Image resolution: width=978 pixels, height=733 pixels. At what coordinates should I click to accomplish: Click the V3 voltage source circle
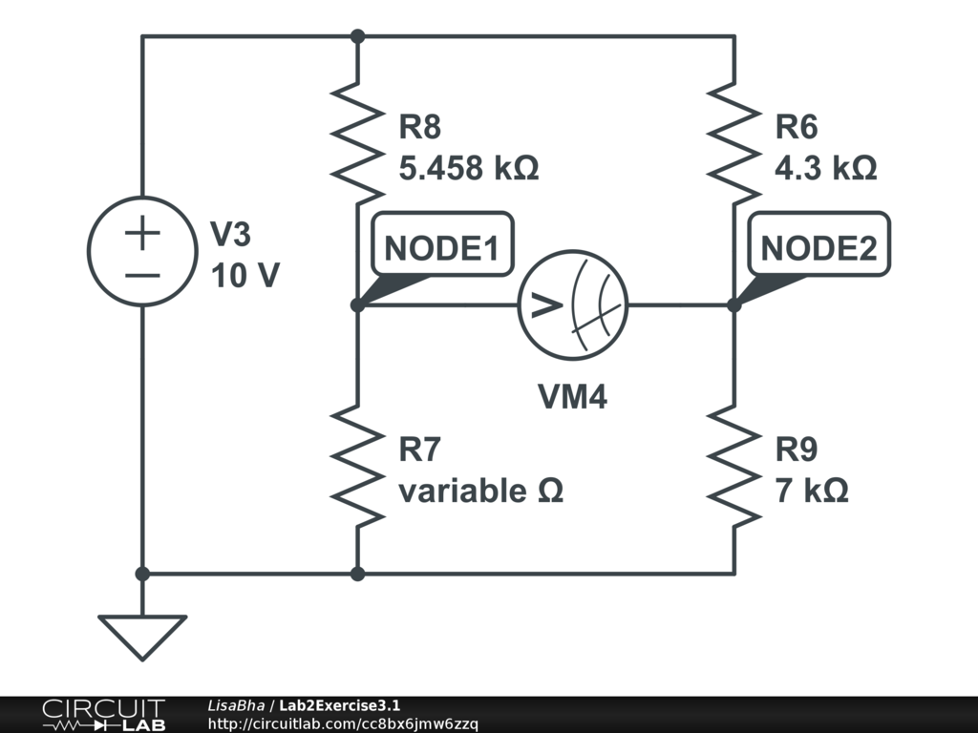point(142,252)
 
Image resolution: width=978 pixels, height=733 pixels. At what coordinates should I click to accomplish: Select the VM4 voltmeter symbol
point(573,305)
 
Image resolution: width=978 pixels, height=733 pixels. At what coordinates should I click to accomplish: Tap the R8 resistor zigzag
point(357,143)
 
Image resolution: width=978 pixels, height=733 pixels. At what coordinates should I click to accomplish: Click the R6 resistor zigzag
point(734,143)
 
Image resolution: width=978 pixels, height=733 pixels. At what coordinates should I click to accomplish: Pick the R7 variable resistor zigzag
point(357,466)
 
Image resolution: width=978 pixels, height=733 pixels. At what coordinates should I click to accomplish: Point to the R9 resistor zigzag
point(734,466)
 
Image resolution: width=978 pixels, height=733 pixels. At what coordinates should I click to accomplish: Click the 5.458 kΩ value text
point(468,169)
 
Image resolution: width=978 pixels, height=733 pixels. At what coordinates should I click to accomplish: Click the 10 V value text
point(244,276)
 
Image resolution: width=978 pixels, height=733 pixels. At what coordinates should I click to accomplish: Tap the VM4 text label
point(573,396)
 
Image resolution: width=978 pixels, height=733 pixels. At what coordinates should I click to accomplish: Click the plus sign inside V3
point(142,233)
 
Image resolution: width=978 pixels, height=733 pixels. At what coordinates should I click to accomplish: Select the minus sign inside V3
point(142,275)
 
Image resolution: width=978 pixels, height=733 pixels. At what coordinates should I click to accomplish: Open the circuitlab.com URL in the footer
point(342,723)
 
